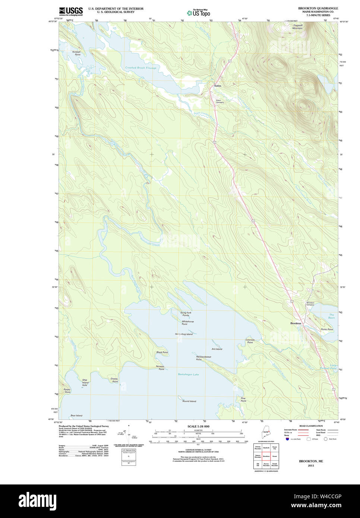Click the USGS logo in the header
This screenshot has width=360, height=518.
tap(71, 11)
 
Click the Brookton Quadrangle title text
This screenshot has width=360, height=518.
tap(318, 8)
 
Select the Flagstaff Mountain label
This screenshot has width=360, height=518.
tap(297, 27)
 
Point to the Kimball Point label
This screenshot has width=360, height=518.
tap(77, 53)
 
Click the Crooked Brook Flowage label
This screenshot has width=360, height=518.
tap(140, 68)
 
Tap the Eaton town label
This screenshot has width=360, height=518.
tap(218, 86)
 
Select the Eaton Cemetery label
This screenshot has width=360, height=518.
tap(220, 101)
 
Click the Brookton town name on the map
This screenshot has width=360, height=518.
tap(296, 323)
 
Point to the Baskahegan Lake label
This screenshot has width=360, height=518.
tap(188, 375)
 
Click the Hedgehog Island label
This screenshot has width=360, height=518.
tap(184, 334)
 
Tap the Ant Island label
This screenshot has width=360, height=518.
tap(217, 349)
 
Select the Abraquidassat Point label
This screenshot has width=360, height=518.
tap(203, 358)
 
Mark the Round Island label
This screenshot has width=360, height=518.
tap(189, 401)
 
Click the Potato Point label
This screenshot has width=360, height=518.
tap(67, 391)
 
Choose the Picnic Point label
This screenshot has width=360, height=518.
tap(327, 329)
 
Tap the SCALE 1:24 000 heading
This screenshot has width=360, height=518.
tap(198, 426)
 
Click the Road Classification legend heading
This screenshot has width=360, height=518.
tap(311, 426)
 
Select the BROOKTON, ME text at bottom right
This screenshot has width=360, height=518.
tap(311, 461)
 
